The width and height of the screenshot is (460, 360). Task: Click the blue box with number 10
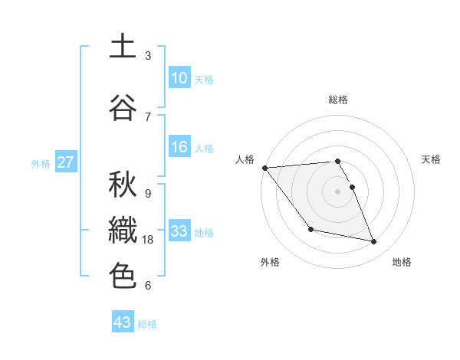(179, 78)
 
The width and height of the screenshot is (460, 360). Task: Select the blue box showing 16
(179, 147)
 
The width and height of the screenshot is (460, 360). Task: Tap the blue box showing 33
(179, 231)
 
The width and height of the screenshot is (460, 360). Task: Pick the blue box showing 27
(66, 162)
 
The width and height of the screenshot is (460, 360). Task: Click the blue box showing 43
(123, 322)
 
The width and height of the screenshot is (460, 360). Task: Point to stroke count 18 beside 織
(149, 240)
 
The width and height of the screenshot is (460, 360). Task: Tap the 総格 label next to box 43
(148, 324)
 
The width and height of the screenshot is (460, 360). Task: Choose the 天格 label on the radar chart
(432, 160)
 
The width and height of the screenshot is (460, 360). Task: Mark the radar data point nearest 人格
(264, 168)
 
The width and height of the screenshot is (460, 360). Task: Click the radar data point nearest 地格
(374, 242)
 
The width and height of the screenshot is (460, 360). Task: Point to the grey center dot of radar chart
(338, 191)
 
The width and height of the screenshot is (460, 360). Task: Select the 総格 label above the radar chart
(338, 100)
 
